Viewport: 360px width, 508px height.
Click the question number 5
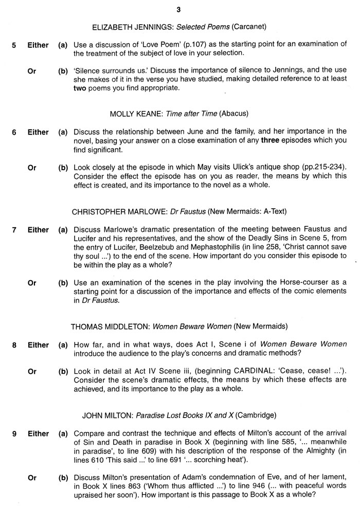pos(14,45)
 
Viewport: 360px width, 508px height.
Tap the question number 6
pos(14,132)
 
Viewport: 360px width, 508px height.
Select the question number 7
pos(14,230)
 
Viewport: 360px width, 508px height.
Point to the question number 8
pos(14,345)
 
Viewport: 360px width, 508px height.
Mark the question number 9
pos(14,433)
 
